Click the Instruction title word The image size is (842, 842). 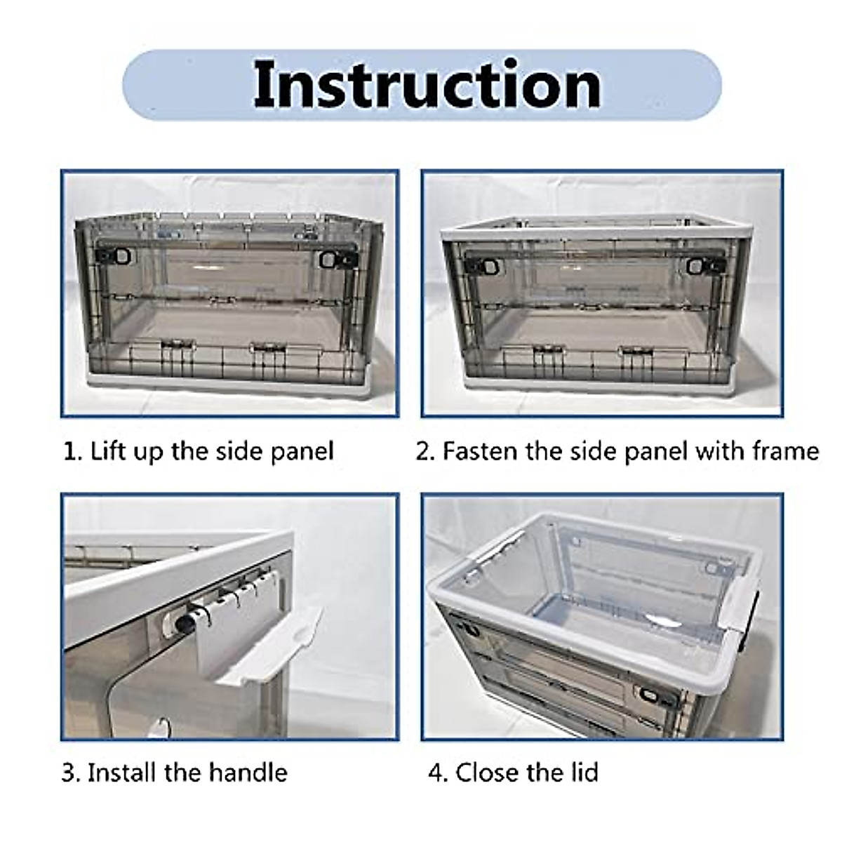coord(427,85)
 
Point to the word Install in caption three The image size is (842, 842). coord(122,773)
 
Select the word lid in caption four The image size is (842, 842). coord(581,773)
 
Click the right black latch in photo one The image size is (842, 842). coord(328,260)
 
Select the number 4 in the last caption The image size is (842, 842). coord(435,773)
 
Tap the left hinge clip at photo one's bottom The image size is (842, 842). coord(175,345)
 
